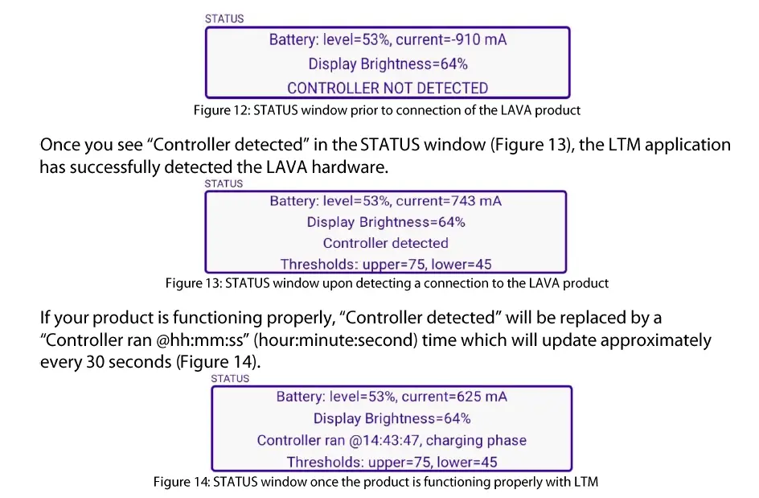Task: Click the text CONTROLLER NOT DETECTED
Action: [388, 88]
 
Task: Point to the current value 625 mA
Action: [478, 397]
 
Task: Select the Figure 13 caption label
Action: [193, 283]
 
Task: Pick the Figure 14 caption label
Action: [182, 482]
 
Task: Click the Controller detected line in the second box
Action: [385, 243]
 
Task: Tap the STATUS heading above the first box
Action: [224, 19]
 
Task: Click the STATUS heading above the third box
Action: [230, 378]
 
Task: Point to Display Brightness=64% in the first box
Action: [388, 64]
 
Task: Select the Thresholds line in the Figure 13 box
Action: [385, 264]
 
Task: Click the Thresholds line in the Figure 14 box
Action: [392, 462]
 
